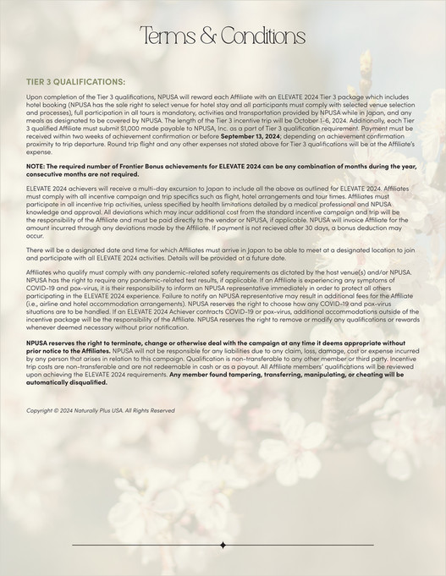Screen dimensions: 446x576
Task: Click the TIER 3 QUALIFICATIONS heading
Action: [x=74, y=82]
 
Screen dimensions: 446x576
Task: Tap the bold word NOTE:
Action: [x=39, y=167]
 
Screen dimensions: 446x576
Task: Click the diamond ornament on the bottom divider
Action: [x=223, y=546]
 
